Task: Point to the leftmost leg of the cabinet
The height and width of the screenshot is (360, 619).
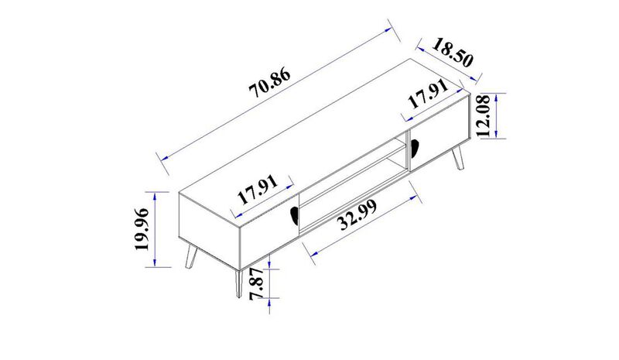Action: tap(190, 256)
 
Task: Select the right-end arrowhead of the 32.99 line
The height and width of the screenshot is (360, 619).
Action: tap(416, 188)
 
